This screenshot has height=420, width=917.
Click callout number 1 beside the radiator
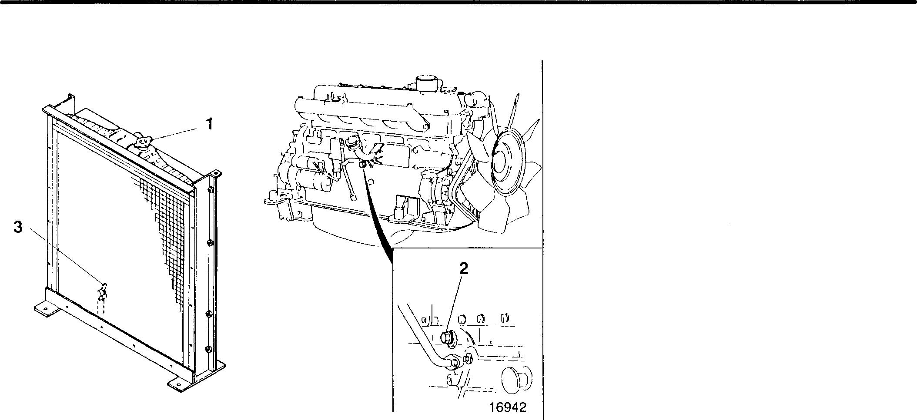click(x=209, y=124)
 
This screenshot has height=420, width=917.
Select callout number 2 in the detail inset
click(x=464, y=269)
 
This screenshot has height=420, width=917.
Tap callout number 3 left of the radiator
click(x=18, y=227)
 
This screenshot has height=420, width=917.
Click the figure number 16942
click(x=508, y=407)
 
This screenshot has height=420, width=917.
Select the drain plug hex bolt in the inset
click(x=447, y=337)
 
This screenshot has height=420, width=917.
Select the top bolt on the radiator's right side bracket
click(x=210, y=191)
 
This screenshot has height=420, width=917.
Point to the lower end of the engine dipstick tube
click(x=354, y=197)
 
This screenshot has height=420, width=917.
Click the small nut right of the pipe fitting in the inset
click(x=468, y=359)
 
